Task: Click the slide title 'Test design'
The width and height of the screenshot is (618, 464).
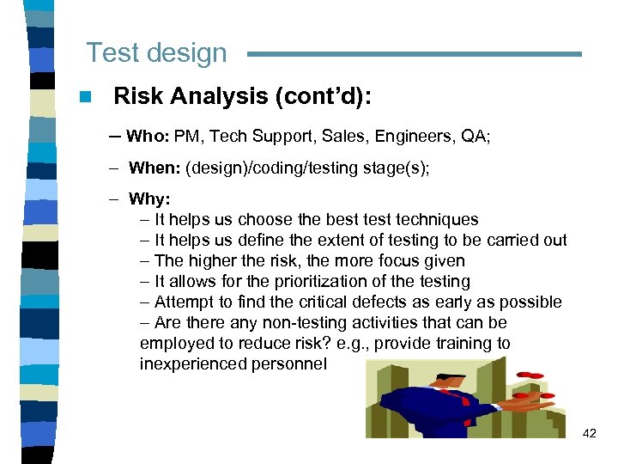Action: point(156,53)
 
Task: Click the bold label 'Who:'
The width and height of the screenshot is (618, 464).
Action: point(148,135)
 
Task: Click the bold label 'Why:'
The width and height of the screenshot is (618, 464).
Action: point(149,199)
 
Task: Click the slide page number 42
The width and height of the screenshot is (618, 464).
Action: point(589,434)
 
